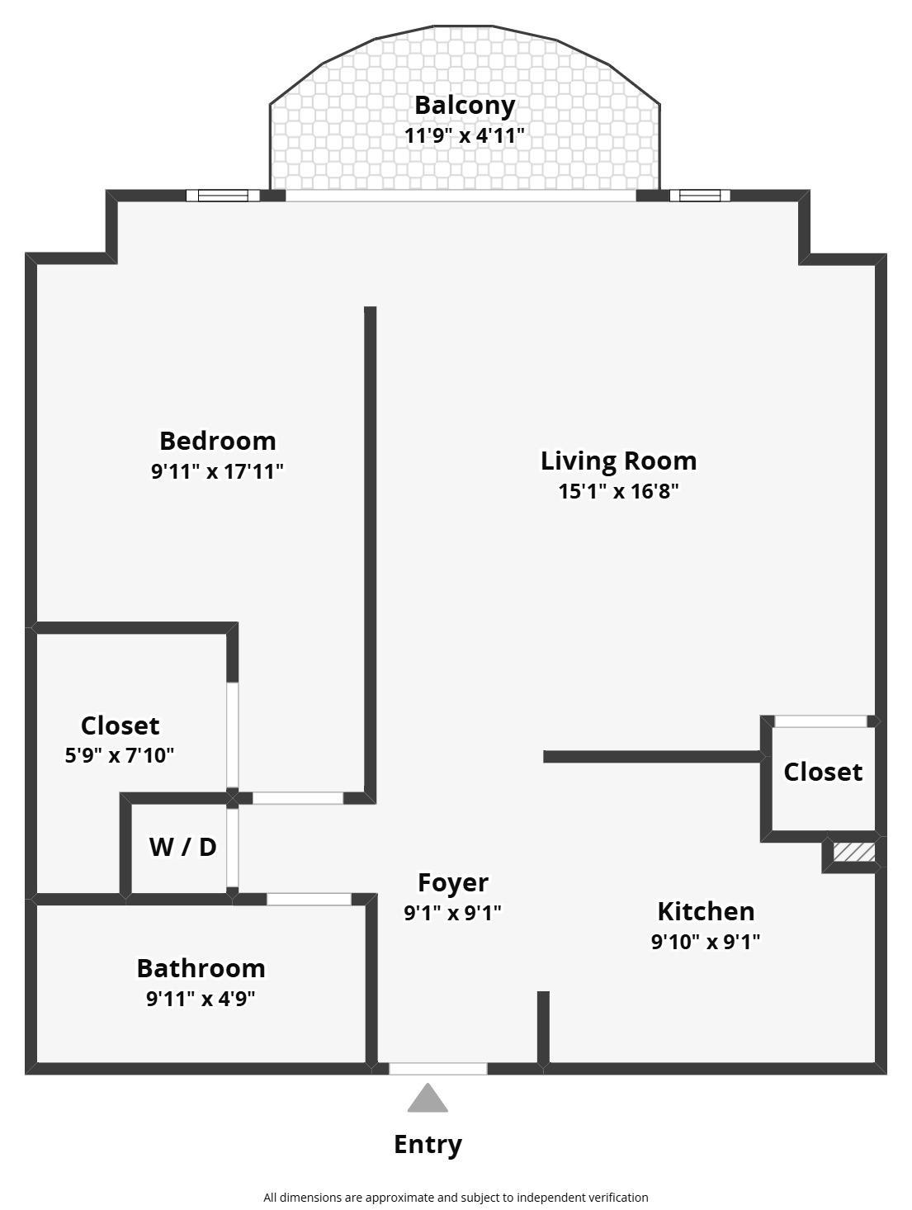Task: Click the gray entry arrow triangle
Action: pyautogui.click(x=427, y=1098)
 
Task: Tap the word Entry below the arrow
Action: pyautogui.click(x=428, y=1145)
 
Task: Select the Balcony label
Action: pyautogui.click(x=465, y=106)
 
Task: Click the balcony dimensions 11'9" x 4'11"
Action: pyautogui.click(x=465, y=135)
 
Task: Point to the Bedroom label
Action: pyautogui.click(x=218, y=441)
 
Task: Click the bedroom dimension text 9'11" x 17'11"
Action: pyautogui.click(x=218, y=471)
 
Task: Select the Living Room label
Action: pyautogui.click(x=618, y=461)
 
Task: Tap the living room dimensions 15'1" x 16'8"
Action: pyautogui.click(x=618, y=491)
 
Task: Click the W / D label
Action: pyautogui.click(x=182, y=847)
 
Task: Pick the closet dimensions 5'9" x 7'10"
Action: pyautogui.click(x=120, y=755)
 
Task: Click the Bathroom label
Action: pyautogui.click(x=201, y=968)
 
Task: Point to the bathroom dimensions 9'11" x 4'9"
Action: pyautogui.click(x=201, y=999)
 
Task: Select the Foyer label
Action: pyautogui.click(x=453, y=883)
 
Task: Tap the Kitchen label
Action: pyautogui.click(x=706, y=912)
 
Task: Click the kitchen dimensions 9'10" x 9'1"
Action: pyautogui.click(x=706, y=942)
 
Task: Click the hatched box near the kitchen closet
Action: pyautogui.click(x=853, y=852)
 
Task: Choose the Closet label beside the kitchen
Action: pyautogui.click(x=823, y=773)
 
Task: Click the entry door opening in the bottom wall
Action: pyautogui.click(x=438, y=1069)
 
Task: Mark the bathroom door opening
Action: pyautogui.click(x=310, y=899)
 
